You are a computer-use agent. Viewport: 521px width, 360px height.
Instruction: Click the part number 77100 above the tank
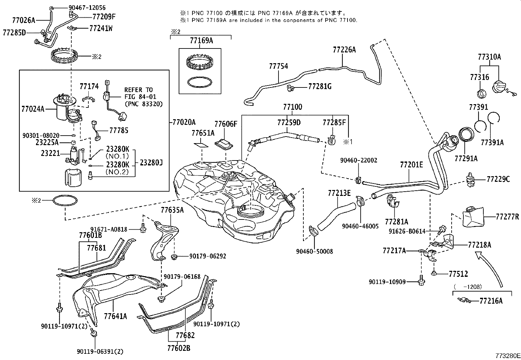point(293,107)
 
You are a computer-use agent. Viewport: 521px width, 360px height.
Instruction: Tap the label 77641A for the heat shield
point(116,316)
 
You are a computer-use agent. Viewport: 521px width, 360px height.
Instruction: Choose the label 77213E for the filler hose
point(339,193)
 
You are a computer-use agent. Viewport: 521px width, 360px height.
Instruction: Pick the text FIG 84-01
point(140,97)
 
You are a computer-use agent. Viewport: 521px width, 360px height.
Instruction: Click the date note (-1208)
point(468,286)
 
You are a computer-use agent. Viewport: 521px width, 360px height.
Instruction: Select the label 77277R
point(507,217)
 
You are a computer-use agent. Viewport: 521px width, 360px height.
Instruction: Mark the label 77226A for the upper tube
point(344,49)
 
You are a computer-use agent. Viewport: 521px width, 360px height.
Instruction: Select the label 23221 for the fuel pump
point(50,153)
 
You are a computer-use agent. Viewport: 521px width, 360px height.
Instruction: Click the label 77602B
point(178,348)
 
